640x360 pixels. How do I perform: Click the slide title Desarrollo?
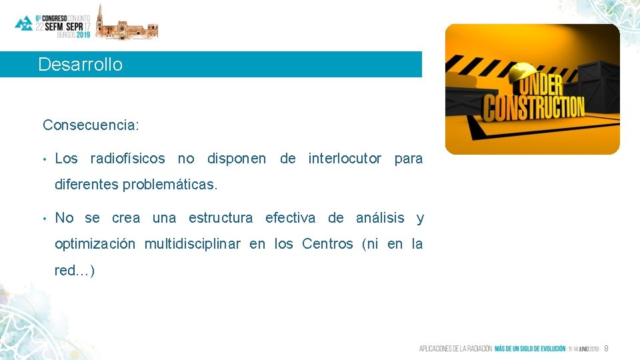click(81, 65)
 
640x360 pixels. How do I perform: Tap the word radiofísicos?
click(127, 159)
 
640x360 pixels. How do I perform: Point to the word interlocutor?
click(345, 159)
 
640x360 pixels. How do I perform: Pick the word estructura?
click(221, 218)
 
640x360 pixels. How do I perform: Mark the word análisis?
click(380, 218)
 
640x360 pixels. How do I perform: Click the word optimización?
click(94, 244)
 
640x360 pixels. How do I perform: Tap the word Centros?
click(327, 244)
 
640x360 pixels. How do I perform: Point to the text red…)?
click(75, 270)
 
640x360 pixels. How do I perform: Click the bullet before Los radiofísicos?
click(44, 159)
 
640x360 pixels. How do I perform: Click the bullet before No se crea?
click(44, 219)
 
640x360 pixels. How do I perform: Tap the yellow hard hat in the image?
click(523, 73)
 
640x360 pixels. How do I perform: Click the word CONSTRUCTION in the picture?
click(533, 108)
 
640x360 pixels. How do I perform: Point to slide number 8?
click(606, 349)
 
